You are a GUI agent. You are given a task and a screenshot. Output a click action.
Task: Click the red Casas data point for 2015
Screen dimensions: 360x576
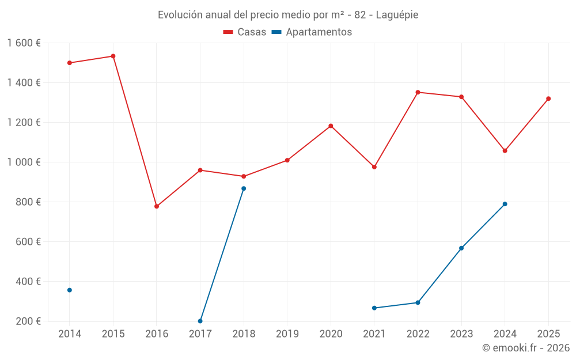(x=113, y=56)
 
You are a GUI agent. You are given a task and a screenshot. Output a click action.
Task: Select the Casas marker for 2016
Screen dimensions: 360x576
(x=157, y=206)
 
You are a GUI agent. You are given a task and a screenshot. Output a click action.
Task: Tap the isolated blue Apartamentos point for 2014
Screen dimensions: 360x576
(x=70, y=290)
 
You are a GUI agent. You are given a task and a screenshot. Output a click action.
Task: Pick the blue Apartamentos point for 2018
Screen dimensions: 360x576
(x=244, y=188)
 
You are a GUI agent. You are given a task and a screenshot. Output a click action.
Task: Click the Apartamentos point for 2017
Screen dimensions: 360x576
(x=200, y=321)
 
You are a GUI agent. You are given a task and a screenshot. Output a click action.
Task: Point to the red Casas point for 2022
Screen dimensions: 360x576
(x=418, y=92)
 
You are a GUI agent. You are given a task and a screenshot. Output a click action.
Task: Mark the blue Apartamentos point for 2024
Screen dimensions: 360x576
(x=505, y=204)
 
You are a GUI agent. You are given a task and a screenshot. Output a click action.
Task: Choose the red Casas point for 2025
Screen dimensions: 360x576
(x=548, y=98)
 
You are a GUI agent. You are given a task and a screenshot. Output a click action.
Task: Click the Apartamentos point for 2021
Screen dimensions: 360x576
(x=374, y=308)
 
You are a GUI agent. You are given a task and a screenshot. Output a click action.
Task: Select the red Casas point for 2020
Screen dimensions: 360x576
(x=331, y=126)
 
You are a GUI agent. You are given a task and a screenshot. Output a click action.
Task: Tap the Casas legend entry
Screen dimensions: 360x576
(x=245, y=32)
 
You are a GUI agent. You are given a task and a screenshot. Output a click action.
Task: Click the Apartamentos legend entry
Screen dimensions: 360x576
(x=312, y=32)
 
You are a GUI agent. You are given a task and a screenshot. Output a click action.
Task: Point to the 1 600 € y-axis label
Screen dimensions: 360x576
(x=24, y=43)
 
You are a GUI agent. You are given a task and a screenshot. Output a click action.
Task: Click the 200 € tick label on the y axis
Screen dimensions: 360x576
(x=28, y=321)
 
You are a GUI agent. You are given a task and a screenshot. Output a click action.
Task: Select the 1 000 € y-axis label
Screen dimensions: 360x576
(x=24, y=162)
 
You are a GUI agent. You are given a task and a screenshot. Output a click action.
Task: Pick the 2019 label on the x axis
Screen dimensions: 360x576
(x=287, y=334)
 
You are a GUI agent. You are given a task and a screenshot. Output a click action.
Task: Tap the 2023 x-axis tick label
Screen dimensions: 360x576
(x=461, y=334)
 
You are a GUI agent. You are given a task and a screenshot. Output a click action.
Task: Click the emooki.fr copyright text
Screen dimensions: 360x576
(x=525, y=348)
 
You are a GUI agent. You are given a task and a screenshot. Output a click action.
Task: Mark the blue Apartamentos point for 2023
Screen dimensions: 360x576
(x=461, y=248)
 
